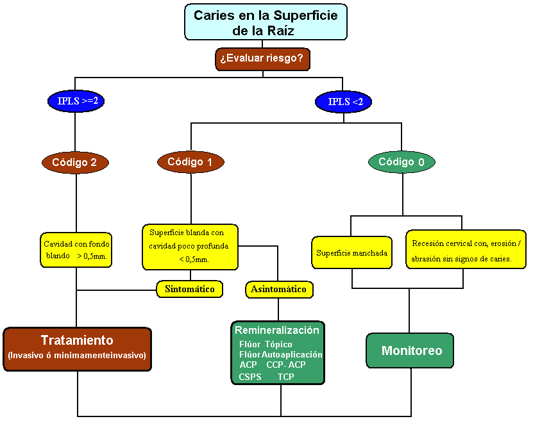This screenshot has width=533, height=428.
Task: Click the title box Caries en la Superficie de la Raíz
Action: [266, 22]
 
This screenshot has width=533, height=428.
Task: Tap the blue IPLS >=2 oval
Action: [76, 101]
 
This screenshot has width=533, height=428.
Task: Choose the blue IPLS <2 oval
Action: [343, 101]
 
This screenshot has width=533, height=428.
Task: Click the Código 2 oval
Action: [76, 162]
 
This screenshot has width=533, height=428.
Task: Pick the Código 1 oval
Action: [190, 161]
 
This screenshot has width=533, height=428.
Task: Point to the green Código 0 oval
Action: [401, 162]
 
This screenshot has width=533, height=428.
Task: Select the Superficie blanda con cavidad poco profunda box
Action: [190, 246]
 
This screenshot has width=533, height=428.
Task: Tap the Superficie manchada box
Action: [351, 252]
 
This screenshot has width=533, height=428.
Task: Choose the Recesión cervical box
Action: [465, 250]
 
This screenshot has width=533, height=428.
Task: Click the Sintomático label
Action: [190, 289]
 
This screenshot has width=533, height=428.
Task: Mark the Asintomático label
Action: [278, 290]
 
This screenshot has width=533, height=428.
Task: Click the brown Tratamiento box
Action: [77, 349]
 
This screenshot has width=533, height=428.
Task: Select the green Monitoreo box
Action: [412, 350]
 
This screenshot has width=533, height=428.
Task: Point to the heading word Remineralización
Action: [276, 331]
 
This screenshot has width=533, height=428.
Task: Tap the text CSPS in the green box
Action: [250, 377]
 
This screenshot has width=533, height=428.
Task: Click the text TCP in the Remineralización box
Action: [286, 377]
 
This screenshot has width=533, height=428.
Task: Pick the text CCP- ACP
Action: [286, 365]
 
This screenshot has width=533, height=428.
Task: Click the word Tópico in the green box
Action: [278, 345]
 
